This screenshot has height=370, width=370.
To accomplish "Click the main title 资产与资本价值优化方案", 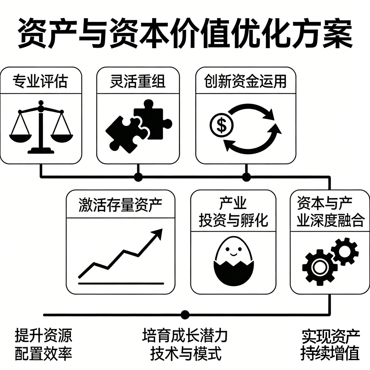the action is tap(185, 34).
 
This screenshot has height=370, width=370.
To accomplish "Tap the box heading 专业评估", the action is tap(40, 81).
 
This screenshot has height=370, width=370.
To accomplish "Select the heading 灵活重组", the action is tap(138, 81).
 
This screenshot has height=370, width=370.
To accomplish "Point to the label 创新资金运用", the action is tap(245, 81).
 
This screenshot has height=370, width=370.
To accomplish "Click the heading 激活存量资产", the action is tap(120, 205).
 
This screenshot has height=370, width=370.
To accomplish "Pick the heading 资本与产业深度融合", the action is tap(330, 212).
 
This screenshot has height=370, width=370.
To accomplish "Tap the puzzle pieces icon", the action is tap(139, 126).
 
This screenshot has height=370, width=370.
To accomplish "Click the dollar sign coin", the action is tap(221, 125).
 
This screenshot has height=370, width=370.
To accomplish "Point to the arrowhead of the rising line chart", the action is tap(157, 234).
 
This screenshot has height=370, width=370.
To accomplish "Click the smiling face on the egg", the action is tap(233, 251).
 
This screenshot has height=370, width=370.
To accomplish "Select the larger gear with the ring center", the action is tap(320, 267).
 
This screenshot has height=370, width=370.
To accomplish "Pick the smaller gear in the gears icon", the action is tap(345, 251).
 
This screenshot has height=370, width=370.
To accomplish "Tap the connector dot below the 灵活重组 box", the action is tap(138, 177).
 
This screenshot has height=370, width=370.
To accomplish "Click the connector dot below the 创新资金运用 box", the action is tap(246, 177).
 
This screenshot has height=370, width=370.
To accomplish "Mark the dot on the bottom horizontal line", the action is tap(185, 315).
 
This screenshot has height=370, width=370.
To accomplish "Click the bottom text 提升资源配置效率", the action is tap(43, 344).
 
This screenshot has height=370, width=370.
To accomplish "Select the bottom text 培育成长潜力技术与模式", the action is tap(185, 344).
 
